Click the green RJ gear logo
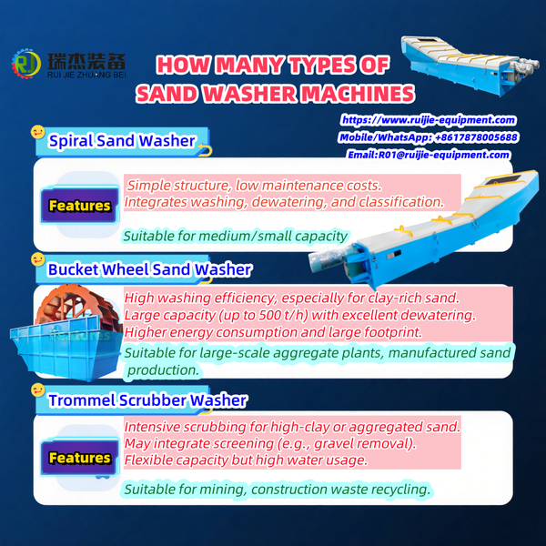click(25, 65)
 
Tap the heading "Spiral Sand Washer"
click(121, 141)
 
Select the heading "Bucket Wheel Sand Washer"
click(149, 269)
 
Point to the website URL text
click(429, 120)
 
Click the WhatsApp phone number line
click(428, 137)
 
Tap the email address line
click(429, 155)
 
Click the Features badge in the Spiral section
click(79, 206)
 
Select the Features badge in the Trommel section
click(79, 457)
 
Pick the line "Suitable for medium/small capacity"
click(236, 236)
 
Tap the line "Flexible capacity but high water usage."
click(246, 460)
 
